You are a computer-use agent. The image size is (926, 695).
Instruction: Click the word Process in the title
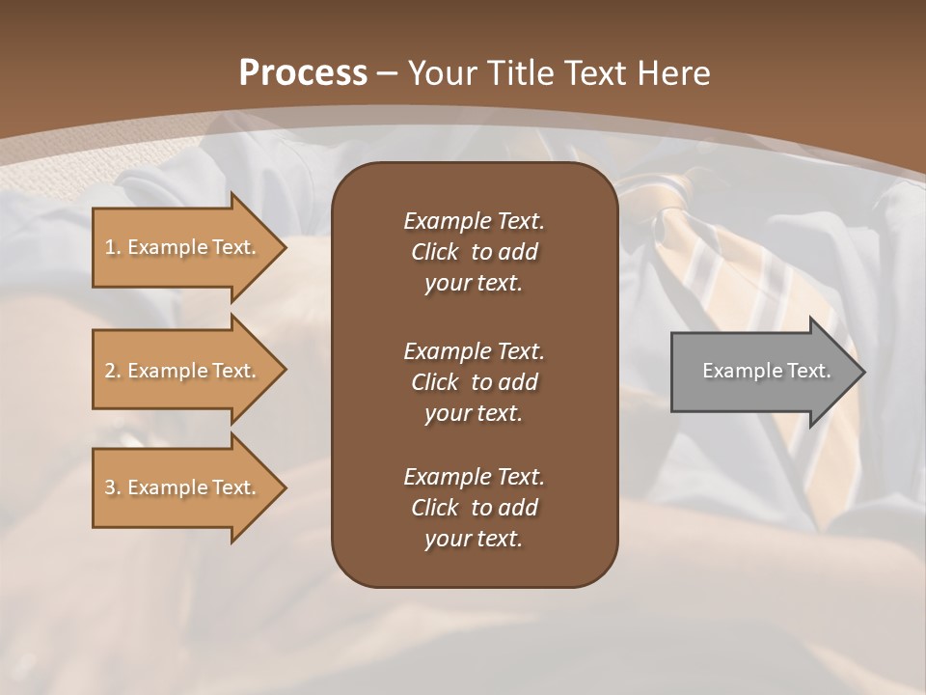click(x=303, y=73)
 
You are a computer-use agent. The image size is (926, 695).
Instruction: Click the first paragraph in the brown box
click(x=474, y=252)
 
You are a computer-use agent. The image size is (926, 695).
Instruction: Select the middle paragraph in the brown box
click(x=474, y=382)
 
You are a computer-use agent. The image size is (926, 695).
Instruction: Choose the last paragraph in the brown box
click(x=474, y=508)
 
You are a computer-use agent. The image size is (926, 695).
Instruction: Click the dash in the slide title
click(x=388, y=73)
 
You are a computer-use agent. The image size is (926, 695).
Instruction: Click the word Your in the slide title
click(x=439, y=73)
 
